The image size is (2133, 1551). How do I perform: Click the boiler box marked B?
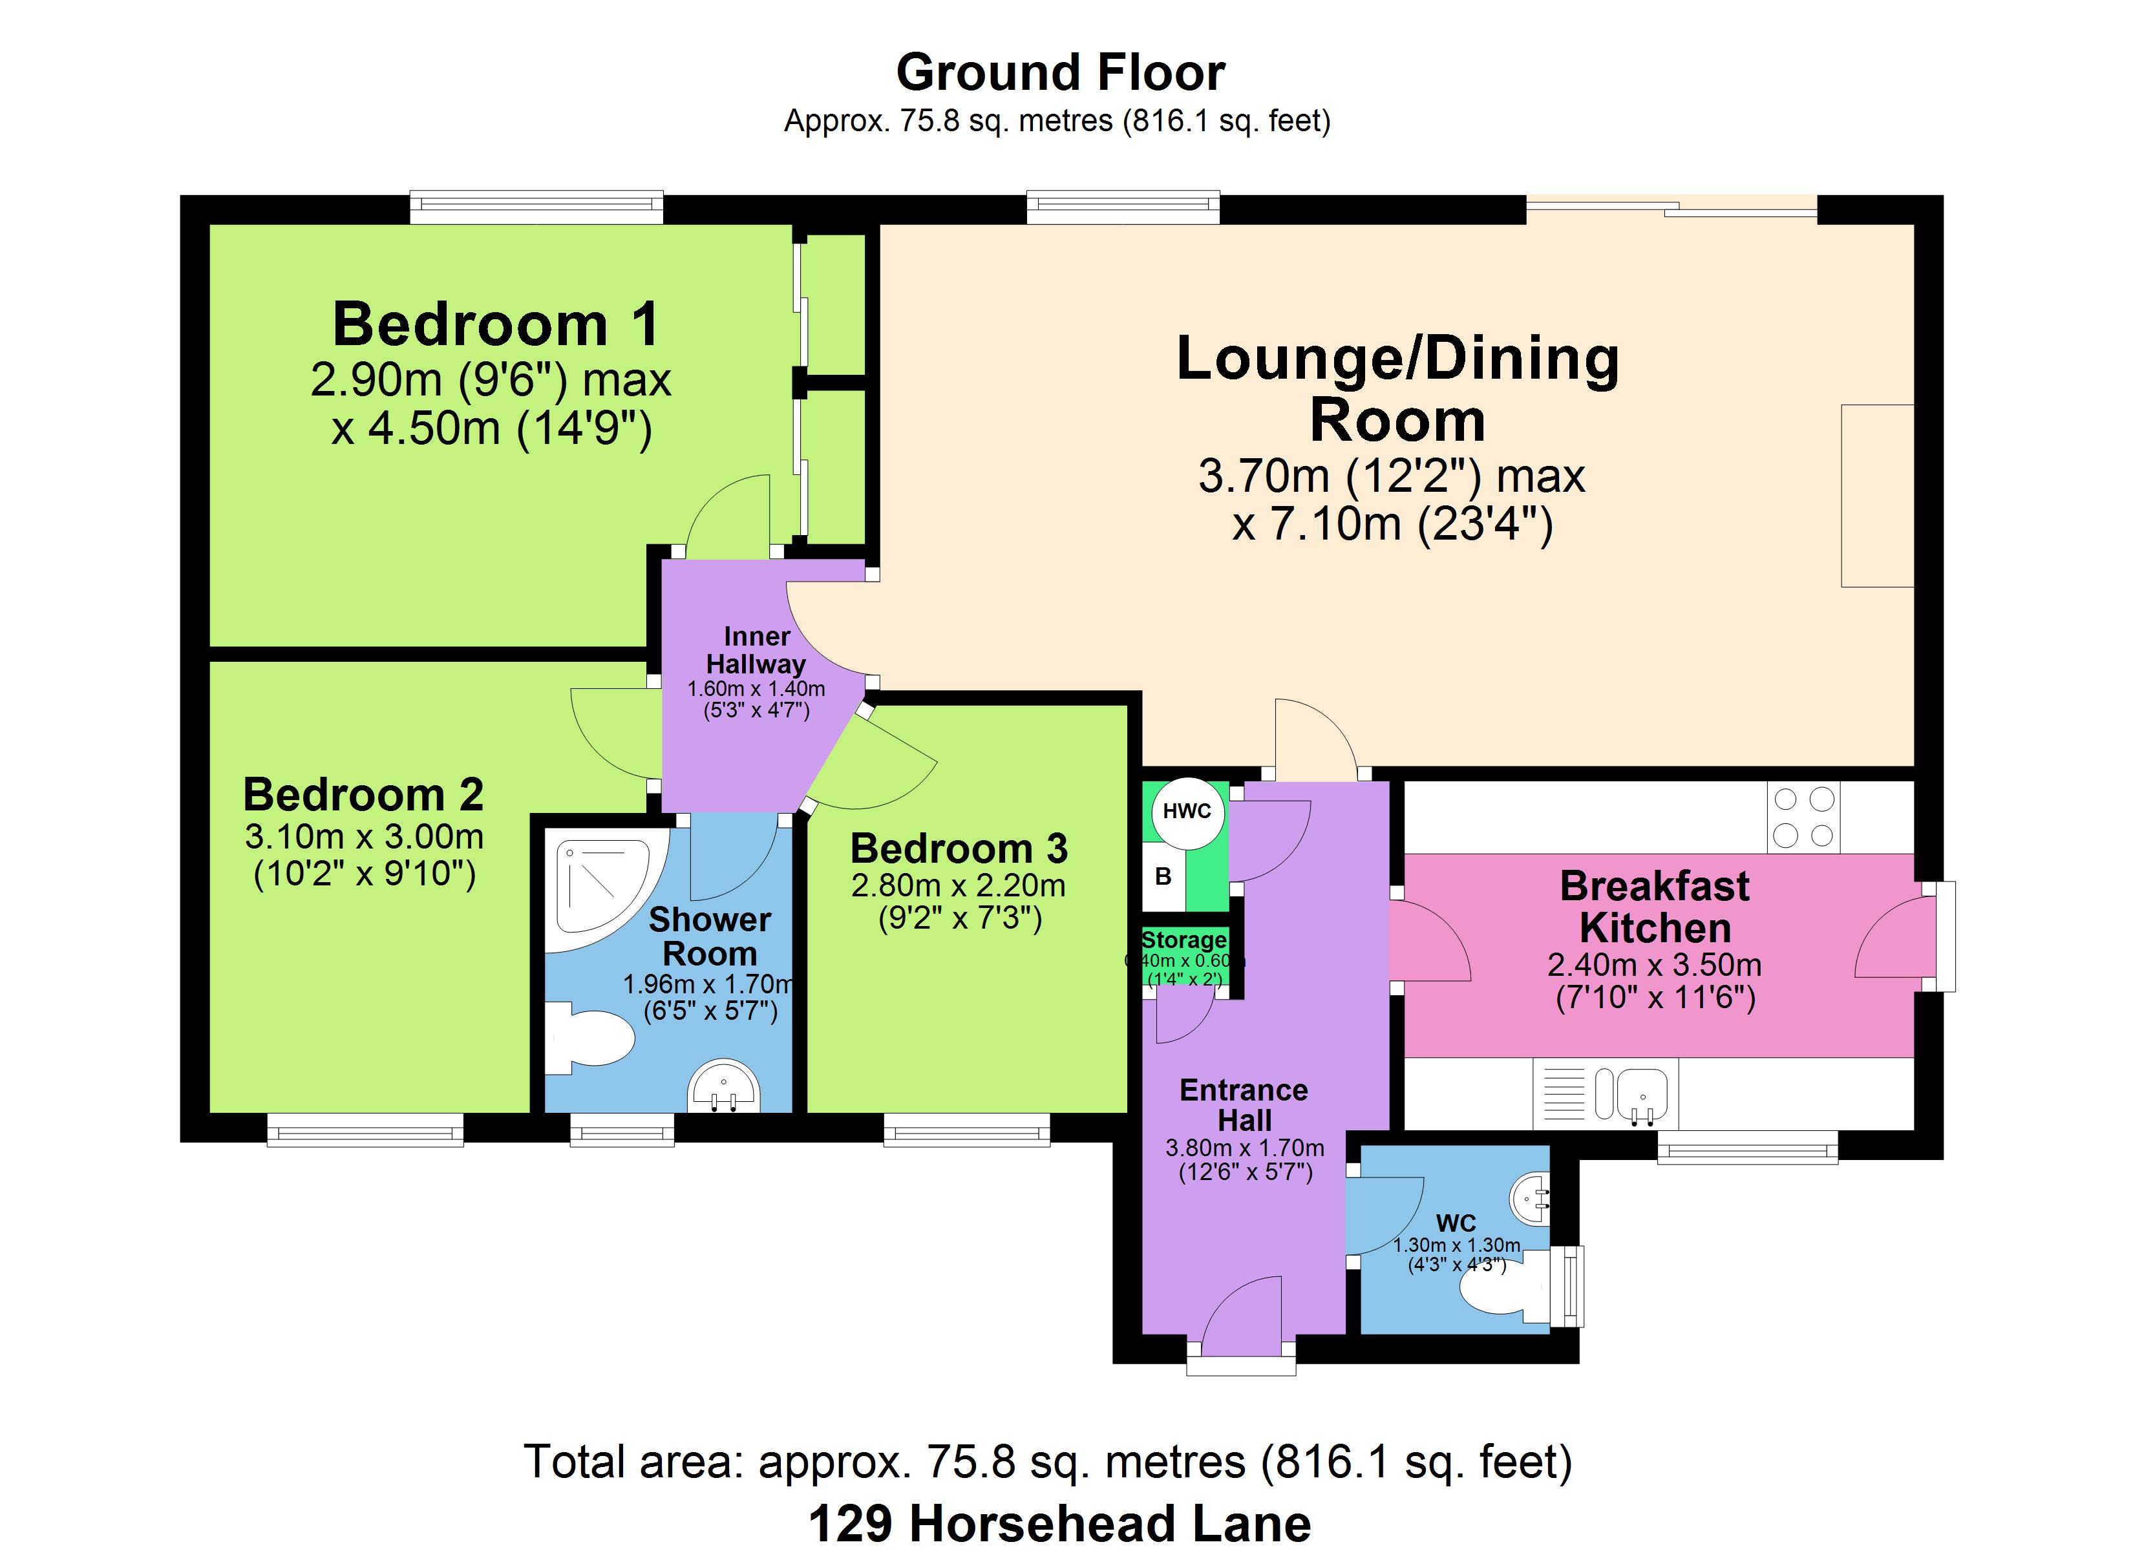[1163, 876]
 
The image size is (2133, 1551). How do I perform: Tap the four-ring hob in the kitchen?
[1803, 818]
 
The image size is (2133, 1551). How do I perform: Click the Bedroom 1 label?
[496, 324]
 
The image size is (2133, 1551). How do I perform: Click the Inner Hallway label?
[756, 650]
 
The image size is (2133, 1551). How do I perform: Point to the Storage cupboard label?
[1184, 940]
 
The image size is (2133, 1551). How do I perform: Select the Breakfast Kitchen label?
[1655, 907]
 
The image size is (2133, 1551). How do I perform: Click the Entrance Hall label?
[1244, 1105]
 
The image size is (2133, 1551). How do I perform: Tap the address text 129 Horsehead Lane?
[1060, 1524]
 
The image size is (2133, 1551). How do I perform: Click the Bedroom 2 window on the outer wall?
[365, 1130]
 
